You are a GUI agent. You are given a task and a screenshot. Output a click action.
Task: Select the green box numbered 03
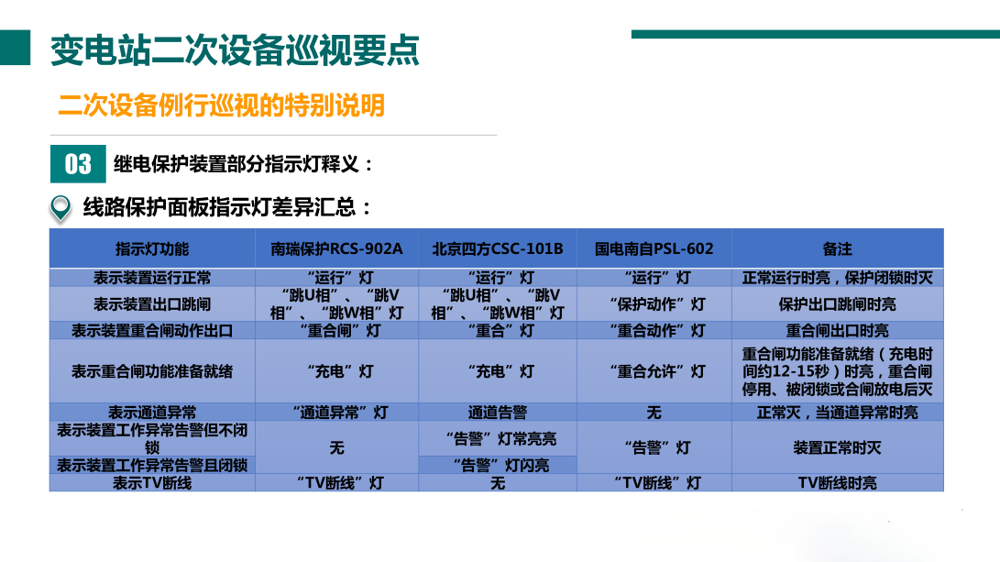point(78,163)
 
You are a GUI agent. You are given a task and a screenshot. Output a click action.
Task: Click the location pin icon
point(60,208)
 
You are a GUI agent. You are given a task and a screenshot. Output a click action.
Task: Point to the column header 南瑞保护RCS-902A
point(336,248)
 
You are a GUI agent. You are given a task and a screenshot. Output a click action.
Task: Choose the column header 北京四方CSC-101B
point(498,248)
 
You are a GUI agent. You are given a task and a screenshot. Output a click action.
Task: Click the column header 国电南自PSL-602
point(654,248)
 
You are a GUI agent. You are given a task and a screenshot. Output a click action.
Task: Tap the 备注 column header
point(837,248)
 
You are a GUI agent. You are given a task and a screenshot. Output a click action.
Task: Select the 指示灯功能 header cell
point(152,248)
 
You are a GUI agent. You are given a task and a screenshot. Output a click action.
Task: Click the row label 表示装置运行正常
point(152,277)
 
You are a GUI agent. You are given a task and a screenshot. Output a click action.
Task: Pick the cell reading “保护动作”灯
point(654,303)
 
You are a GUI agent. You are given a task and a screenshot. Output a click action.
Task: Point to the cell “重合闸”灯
point(336,330)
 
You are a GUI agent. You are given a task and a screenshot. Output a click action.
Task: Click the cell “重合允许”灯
point(654,371)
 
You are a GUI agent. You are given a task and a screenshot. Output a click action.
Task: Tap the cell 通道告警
point(498,413)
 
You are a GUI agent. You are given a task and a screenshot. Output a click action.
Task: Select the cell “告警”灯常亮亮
point(498,438)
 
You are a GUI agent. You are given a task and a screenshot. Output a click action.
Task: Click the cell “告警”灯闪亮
point(498,465)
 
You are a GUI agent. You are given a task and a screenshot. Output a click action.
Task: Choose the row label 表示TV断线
point(152,482)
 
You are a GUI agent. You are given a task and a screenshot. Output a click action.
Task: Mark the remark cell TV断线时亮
point(837,482)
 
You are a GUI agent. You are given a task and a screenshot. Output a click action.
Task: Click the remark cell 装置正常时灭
point(837,447)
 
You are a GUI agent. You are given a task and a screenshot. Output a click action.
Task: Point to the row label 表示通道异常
point(152,413)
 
